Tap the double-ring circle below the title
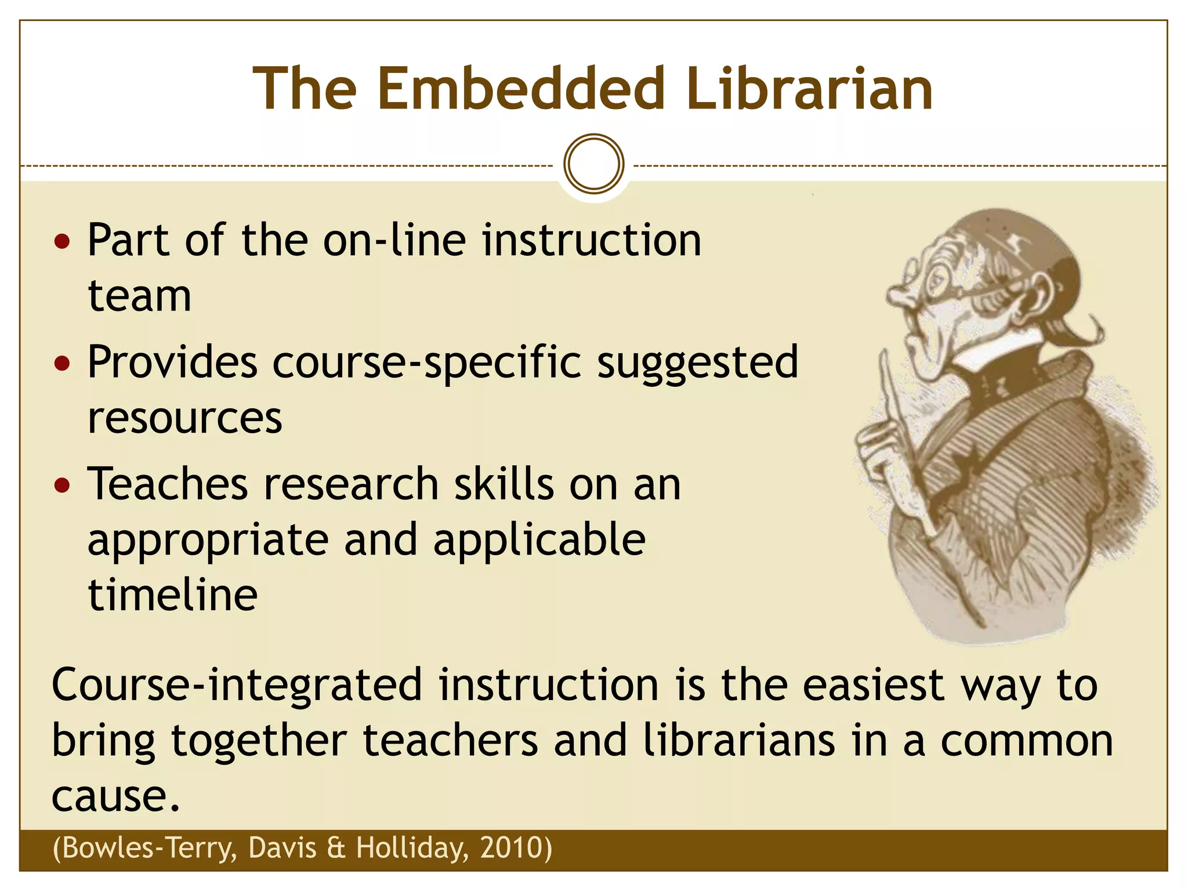coord(593,164)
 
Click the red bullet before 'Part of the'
coord(61,240)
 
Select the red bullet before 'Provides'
coord(61,363)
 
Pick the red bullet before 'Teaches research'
coord(61,485)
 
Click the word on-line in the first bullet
coord(394,240)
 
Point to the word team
coord(139,296)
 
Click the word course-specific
coord(427,363)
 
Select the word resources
coord(184,418)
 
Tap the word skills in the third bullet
coord(504,485)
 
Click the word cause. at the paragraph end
coord(116,796)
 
